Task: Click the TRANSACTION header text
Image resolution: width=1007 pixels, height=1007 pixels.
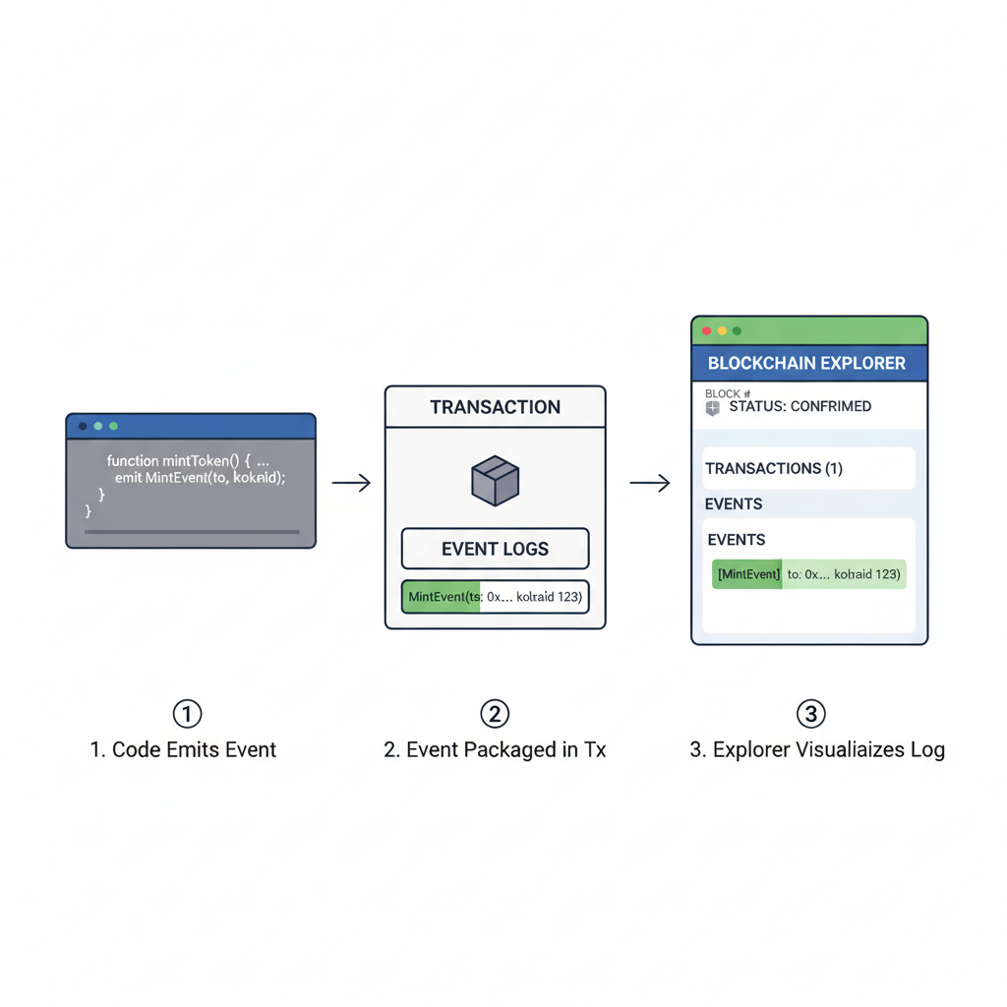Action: click(x=495, y=407)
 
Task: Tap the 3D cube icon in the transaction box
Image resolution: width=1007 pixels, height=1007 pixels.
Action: click(x=495, y=481)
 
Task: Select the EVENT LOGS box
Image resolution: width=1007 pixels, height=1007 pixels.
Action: click(x=495, y=549)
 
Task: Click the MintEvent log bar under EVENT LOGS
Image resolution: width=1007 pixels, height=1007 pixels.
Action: click(x=495, y=597)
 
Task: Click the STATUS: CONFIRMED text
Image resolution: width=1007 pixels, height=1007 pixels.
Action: click(x=800, y=406)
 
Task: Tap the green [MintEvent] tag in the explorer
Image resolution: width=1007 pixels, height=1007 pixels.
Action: click(x=747, y=574)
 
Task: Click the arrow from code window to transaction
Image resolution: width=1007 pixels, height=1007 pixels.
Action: click(x=351, y=483)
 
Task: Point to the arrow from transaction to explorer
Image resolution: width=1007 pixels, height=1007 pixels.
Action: click(x=649, y=483)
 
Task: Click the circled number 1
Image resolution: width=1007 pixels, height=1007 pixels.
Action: click(x=187, y=713)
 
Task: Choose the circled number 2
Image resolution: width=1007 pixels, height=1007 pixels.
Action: click(x=495, y=713)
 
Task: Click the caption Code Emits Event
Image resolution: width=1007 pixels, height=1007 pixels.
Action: click(x=183, y=750)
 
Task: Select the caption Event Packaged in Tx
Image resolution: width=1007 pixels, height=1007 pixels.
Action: click(x=495, y=750)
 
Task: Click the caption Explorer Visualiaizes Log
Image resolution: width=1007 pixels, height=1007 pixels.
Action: click(x=817, y=750)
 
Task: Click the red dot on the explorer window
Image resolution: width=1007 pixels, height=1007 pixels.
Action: click(x=706, y=331)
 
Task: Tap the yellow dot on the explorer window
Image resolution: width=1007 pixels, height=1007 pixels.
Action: click(x=722, y=331)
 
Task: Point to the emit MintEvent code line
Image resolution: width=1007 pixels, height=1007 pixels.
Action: click(x=200, y=477)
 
